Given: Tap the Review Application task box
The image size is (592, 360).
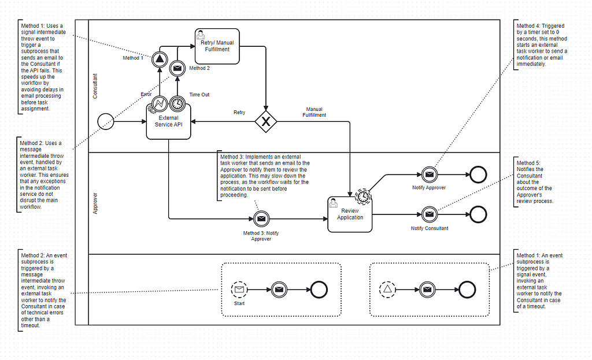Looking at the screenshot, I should click(350, 214).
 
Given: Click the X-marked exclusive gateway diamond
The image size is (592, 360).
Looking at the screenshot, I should click(266, 122).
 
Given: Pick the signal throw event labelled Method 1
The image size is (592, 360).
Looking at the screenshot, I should click(160, 58).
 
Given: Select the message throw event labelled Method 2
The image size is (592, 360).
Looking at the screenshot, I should click(177, 69).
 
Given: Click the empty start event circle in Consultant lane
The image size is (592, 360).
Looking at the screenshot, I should click(106, 121).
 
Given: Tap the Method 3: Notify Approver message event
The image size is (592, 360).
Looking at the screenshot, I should click(261, 218).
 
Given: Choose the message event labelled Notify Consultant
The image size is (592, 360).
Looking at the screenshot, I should click(428, 214).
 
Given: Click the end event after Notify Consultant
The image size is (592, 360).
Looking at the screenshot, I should click(478, 214).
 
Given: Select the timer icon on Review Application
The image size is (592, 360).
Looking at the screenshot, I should click(363, 197).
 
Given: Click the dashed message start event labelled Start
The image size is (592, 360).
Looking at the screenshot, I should click(239, 290).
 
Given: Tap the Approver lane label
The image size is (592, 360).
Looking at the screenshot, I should click(95, 204).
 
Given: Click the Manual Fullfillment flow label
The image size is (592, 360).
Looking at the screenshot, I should click(314, 112).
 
